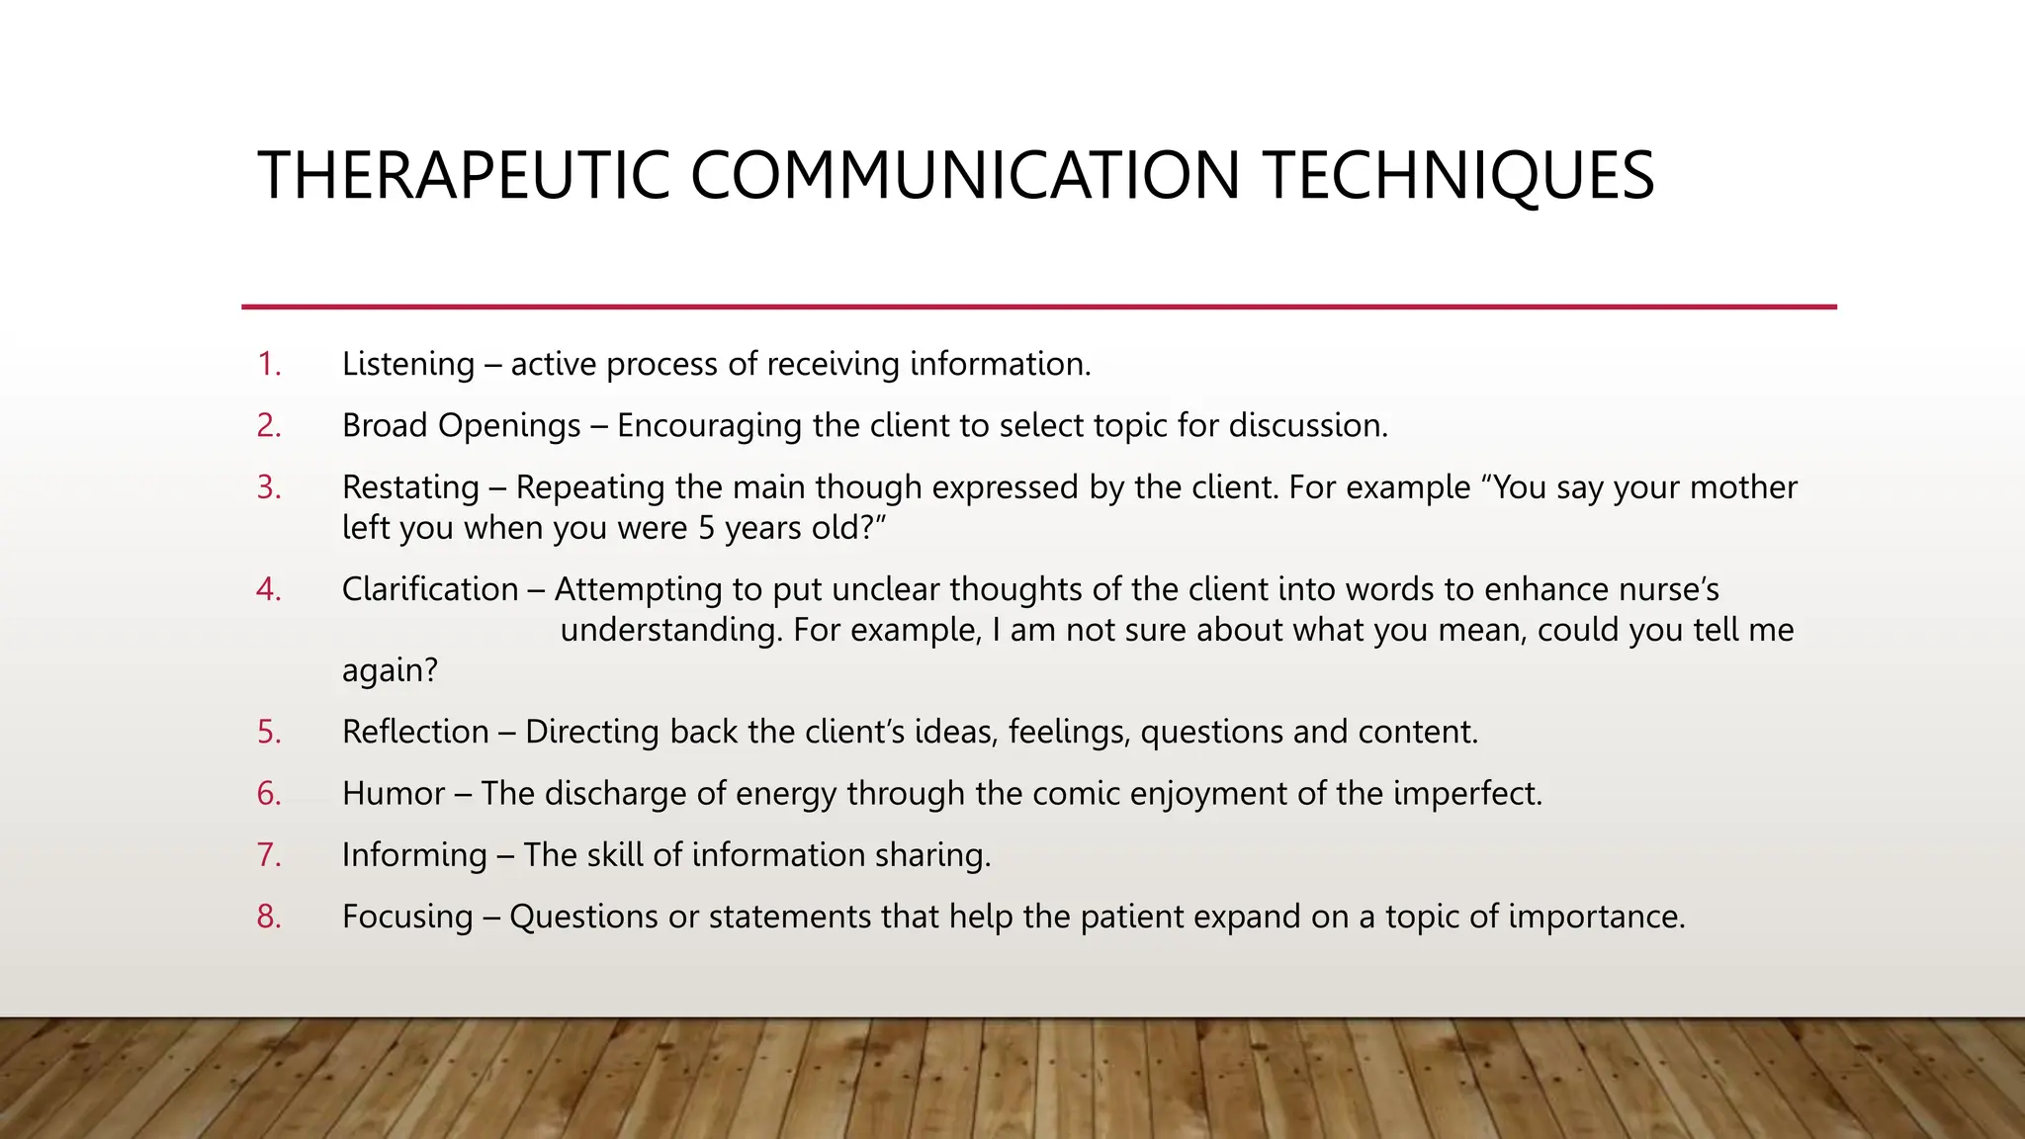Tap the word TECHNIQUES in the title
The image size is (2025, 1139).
pos(1458,176)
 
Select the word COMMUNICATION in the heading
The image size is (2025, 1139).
pos(964,176)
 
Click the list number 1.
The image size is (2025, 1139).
pos(269,364)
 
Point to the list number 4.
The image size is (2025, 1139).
pos(269,589)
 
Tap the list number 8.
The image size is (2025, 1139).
pos(269,917)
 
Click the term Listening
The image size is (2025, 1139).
pos(408,364)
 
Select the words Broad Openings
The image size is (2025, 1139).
pos(461,425)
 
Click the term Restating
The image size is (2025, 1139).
pos(410,487)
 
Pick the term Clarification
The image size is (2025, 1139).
pos(430,589)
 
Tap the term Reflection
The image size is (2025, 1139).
pos(415,732)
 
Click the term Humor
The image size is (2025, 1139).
pos(394,793)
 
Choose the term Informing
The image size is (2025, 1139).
pos(414,855)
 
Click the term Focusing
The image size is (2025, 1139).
pos(407,917)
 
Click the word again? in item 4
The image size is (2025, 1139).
pos(390,671)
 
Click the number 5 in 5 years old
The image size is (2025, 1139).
pos(706,528)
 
